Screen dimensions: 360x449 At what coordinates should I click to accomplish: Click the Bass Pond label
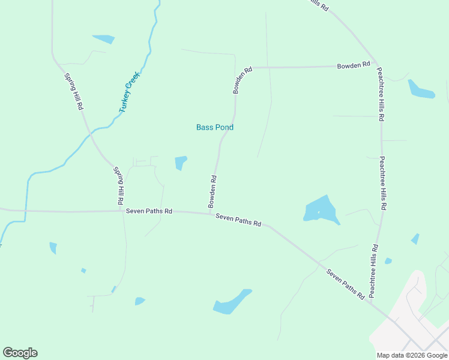click(x=215, y=127)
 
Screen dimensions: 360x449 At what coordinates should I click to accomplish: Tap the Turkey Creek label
click(x=128, y=92)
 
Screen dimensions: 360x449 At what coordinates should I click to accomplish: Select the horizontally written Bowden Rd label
click(x=353, y=65)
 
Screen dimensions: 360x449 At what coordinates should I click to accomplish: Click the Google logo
click(x=20, y=353)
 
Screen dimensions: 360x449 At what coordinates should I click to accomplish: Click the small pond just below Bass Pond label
click(x=181, y=162)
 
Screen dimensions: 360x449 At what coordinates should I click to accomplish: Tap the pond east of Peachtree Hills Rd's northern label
click(x=421, y=90)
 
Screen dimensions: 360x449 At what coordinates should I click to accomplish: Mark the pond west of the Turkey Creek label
click(x=104, y=39)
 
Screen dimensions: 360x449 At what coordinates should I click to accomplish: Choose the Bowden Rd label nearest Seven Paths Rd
click(x=212, y=191)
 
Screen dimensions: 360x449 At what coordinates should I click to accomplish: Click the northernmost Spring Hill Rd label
click(x=73, y=92)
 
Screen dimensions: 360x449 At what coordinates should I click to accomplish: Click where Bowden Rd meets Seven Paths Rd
click(x=209, y=213)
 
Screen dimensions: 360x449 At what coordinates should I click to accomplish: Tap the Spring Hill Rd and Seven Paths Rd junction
click(x=122, y=211)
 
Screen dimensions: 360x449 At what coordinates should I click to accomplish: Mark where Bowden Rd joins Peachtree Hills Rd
click(x=376, y=63)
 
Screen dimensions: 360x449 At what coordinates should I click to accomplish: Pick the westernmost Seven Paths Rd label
click(x=149, y=211)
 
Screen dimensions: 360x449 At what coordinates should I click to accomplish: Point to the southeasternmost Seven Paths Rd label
click(x=346, y=284)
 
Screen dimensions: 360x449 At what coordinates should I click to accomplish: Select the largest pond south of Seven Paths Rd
click(x=232, y=302)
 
